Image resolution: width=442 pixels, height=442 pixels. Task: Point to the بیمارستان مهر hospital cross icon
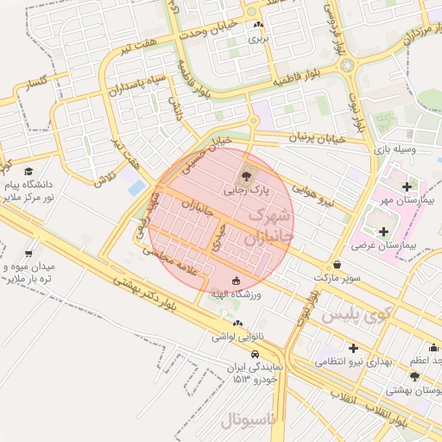(407, 186)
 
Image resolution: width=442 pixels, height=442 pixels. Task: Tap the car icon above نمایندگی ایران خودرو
(255, 354)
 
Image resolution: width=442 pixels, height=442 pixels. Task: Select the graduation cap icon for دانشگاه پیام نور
(28, 172)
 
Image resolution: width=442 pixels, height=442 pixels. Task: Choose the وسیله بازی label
(402, 148)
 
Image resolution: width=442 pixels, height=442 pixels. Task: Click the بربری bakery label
(258, 39)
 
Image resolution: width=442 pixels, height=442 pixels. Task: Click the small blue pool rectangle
(136, 186)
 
